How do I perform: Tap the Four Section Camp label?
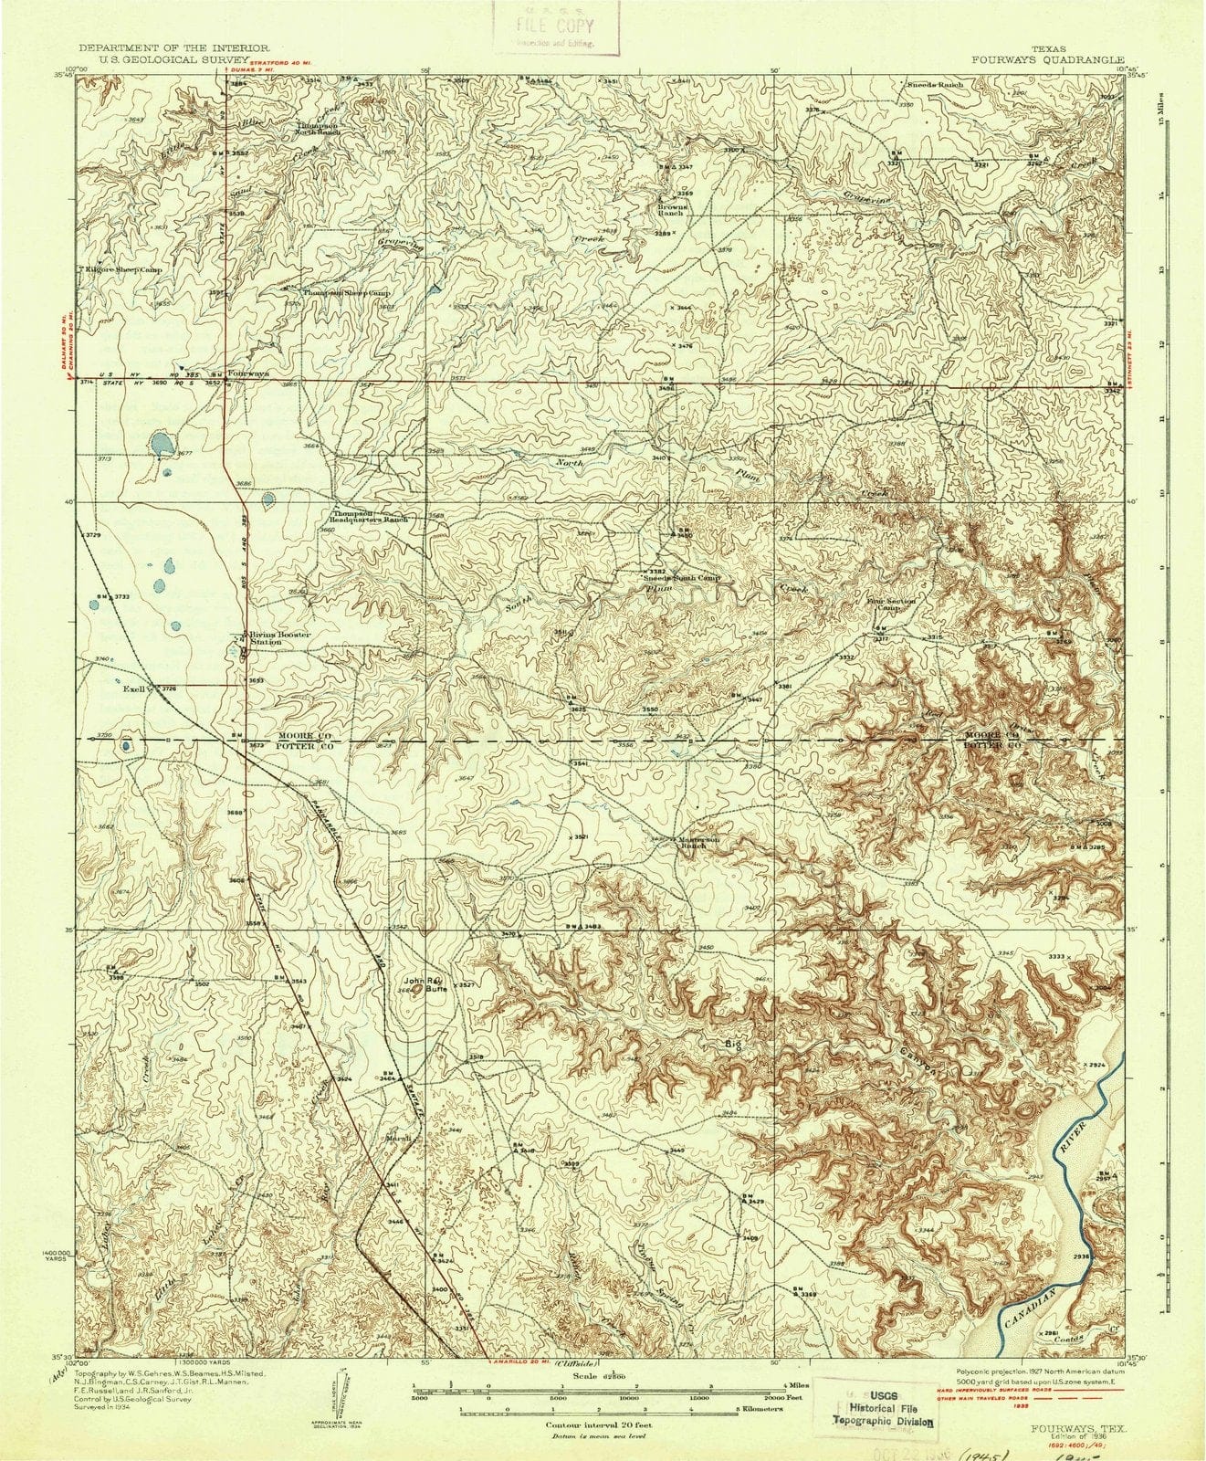(890, 604)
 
